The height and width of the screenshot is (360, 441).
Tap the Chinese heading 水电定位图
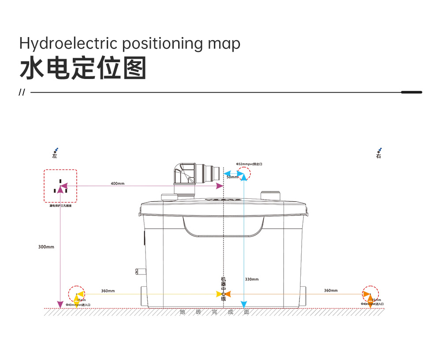82,69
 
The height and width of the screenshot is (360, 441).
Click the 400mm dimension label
118,184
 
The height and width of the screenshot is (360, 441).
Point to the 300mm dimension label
46,247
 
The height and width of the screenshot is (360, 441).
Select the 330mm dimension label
252,279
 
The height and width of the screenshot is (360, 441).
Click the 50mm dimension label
232,177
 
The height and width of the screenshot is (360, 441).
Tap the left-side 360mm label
108,291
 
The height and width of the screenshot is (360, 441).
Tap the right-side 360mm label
331,290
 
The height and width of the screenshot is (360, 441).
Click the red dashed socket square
60,186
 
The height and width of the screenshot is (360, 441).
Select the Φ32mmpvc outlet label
249,164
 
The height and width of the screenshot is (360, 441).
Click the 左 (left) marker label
55,156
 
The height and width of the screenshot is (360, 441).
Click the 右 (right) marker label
379,156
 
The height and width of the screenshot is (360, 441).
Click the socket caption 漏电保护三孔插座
60,206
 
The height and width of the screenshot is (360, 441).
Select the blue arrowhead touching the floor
243,305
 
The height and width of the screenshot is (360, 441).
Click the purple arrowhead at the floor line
60,305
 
